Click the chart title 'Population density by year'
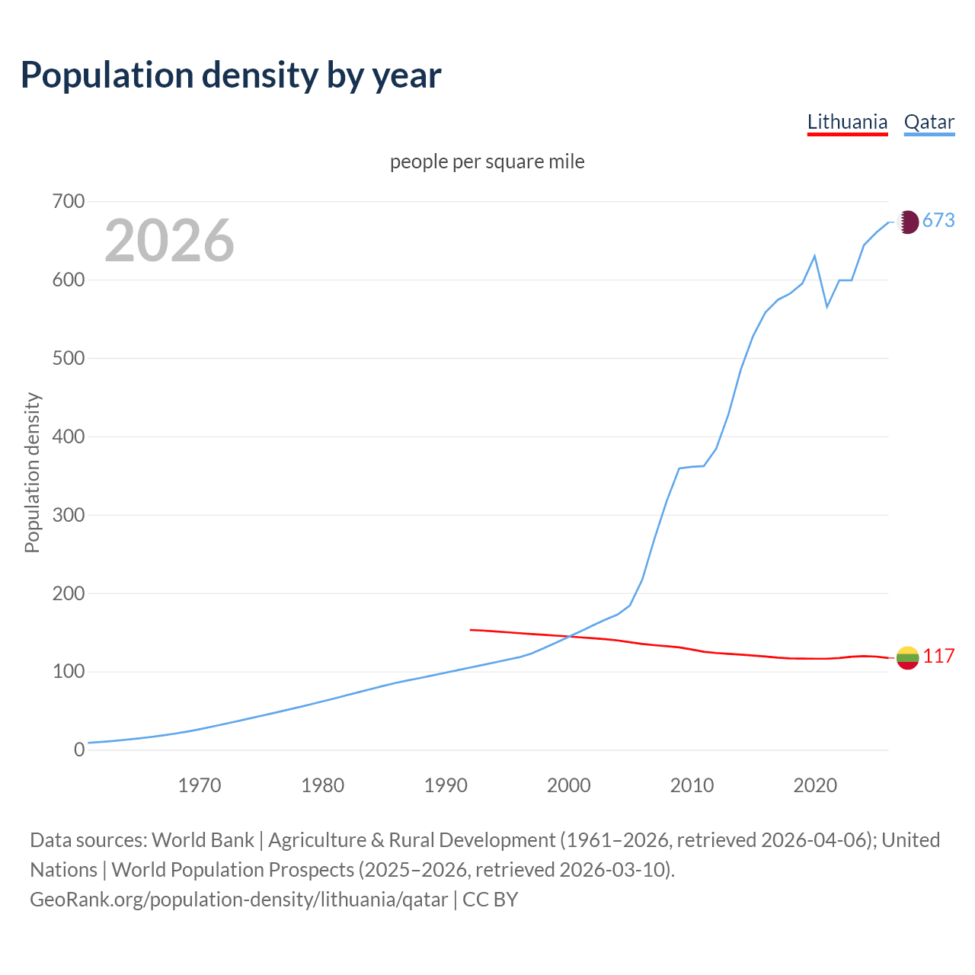pyautogui.click(x=231, y=75)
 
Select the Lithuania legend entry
pyautogui.click(x=847, y=122)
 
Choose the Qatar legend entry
pyautogui.click(x=929, y=122)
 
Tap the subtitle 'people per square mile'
pyautogui.click(x=487, y=161)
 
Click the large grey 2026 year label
pyautogui.click(x=169, y=241)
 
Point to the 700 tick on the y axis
pyautogui.click(x=69, y=202)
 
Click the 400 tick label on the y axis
pyautogui.click(x=69, y=437)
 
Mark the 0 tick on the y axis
pyautogui.click(x=79, y=750)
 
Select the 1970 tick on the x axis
pyautogui.click(x=200, y=785)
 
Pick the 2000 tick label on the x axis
pyautogui.click(x=569, y=785)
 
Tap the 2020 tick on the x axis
pyautogui.click(x=815, y=785)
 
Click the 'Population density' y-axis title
pyautogui.click(x=32, y=472)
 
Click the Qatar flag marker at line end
pyautogui.click(x=907, y=222)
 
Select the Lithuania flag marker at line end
pyautogui.click(x=907, y=658)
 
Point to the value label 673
pyautogui.click(x=938, y=221)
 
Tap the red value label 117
pyautogui.click(x=938, y=657)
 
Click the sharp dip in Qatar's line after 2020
pyautogui.click(x=827, y=306)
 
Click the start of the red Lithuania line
pyautogui.click(x=471, y=630)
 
